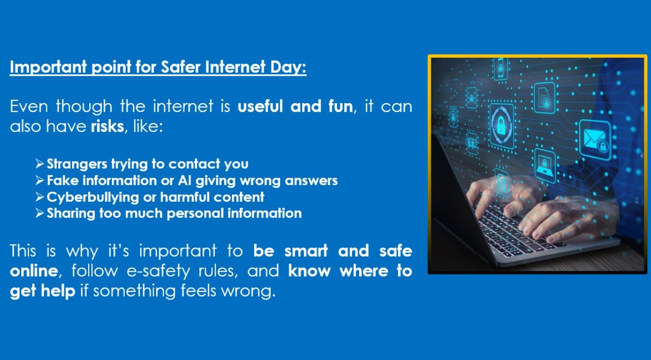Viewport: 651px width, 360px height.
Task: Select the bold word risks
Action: pos(108,126)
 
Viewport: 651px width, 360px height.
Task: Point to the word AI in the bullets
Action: pos(185,181)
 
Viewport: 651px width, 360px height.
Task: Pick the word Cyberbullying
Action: pos(93,198)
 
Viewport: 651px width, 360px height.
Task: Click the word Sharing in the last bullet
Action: pos(71,214)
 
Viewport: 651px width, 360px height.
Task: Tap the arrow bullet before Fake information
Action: pos(40,181)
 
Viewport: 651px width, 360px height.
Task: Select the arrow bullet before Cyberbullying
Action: pos(40,197)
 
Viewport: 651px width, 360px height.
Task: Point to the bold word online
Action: pos(34,271)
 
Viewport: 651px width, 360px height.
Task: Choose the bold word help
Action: pos(58,290)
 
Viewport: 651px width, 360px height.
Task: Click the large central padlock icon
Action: pos(501,124)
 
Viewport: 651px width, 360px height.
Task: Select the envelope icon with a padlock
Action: pos(595,140)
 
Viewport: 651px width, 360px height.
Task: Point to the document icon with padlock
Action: pos(544,98)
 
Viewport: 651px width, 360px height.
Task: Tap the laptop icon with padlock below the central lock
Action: pos(545,166)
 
